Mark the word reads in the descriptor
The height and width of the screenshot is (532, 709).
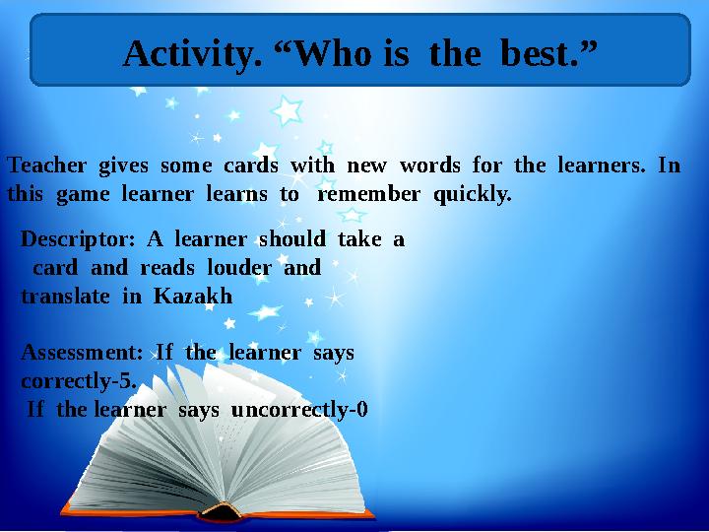164,267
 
